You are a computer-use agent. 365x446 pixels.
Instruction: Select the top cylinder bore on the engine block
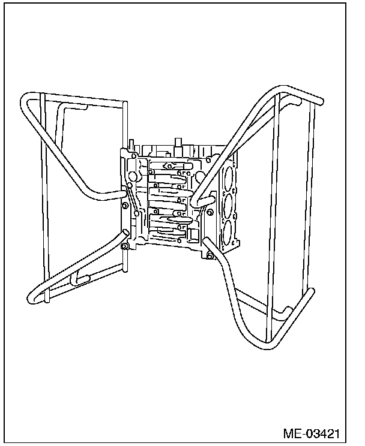[228, 177]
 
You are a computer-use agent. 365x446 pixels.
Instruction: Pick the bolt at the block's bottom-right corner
[210, 256]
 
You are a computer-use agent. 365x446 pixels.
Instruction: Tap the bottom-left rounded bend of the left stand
[33, 296]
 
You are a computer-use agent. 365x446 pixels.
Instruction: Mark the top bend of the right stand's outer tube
[294, 95]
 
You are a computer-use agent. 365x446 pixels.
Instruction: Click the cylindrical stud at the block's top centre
[178, 143]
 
